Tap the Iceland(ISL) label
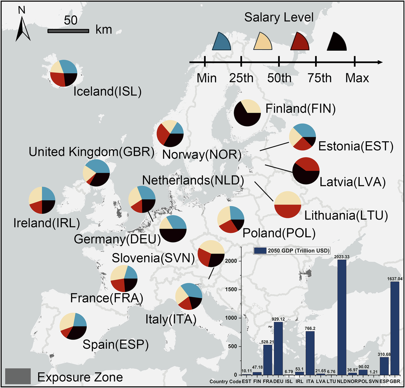click(x=107, y=92)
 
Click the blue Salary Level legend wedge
click(x=222, y=42)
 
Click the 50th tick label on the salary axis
click(x=279, y=78)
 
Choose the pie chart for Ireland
click(x=42, y=200)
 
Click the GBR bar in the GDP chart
click(x=395, y=328)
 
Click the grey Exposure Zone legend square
click(x=18, y=376)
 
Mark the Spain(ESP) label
click(x=115, y=344)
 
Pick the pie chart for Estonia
click(x=302, y=137)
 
